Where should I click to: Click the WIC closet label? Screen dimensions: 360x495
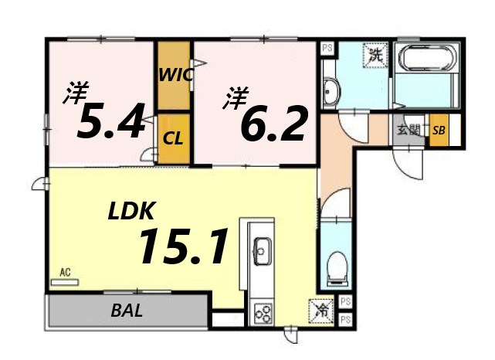[175, 76]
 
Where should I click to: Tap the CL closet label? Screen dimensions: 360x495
[174, 140]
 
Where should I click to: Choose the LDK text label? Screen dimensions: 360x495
[132, 209]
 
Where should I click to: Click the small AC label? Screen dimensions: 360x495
[65, 273]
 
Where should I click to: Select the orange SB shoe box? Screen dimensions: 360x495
[439, 130]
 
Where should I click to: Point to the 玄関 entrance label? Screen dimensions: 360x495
[409, 131]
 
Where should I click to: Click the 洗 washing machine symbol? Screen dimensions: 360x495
[375, 55]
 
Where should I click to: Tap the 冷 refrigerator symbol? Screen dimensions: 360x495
[320, 311]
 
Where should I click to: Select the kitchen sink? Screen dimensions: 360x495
[262, 250]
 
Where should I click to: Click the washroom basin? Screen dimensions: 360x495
[331, 91]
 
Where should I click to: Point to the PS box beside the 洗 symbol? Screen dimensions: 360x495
[327, 47]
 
